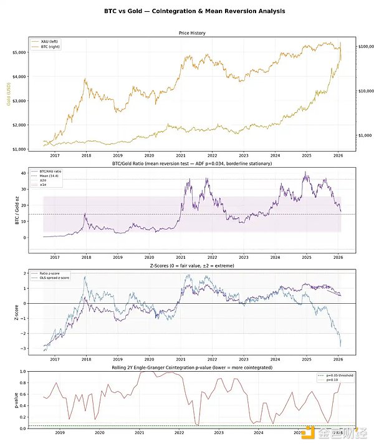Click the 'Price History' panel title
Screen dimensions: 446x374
[193, 33]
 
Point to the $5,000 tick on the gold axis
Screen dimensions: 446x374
[23, 52]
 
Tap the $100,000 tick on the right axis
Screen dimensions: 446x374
[367, 47]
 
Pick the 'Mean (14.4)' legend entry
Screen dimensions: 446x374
[56, 175]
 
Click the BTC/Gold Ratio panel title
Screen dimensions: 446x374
[193, 163]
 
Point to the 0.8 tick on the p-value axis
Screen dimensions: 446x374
[24, 383]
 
